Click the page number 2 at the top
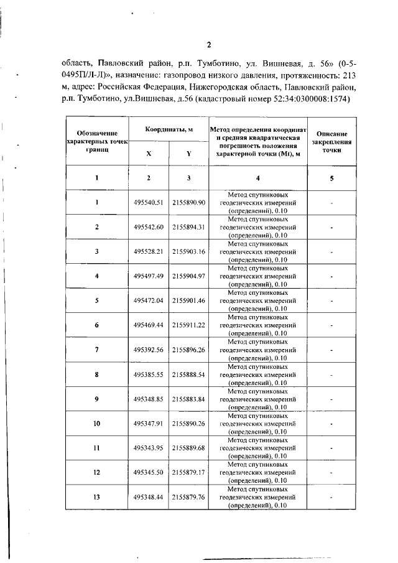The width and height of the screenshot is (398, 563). (x=209, y=44)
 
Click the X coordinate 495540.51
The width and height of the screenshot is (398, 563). (x=148, y=203)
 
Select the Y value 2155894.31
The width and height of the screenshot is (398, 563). (x=188, y=227)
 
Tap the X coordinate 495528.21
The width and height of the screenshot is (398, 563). (x=148, y=252)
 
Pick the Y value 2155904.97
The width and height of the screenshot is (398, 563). (x=188, y=276)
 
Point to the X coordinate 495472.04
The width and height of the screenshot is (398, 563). (x=148, y=300)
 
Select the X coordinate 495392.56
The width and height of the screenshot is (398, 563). (x=148, y=350)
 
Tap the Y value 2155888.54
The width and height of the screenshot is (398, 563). (x=188, y=375)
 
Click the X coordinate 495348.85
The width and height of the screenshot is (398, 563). (x=148, y=399)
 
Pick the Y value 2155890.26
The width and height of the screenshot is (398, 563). (x=188, y=423)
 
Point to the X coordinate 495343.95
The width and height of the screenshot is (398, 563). (x=148, y=448)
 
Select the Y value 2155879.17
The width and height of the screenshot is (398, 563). (x=188, y=472)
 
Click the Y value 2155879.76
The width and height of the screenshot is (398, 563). (x=188, y=497)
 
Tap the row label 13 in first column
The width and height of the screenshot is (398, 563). (x=97, y=497)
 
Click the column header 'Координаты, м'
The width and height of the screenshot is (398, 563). (x=168, y=129)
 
